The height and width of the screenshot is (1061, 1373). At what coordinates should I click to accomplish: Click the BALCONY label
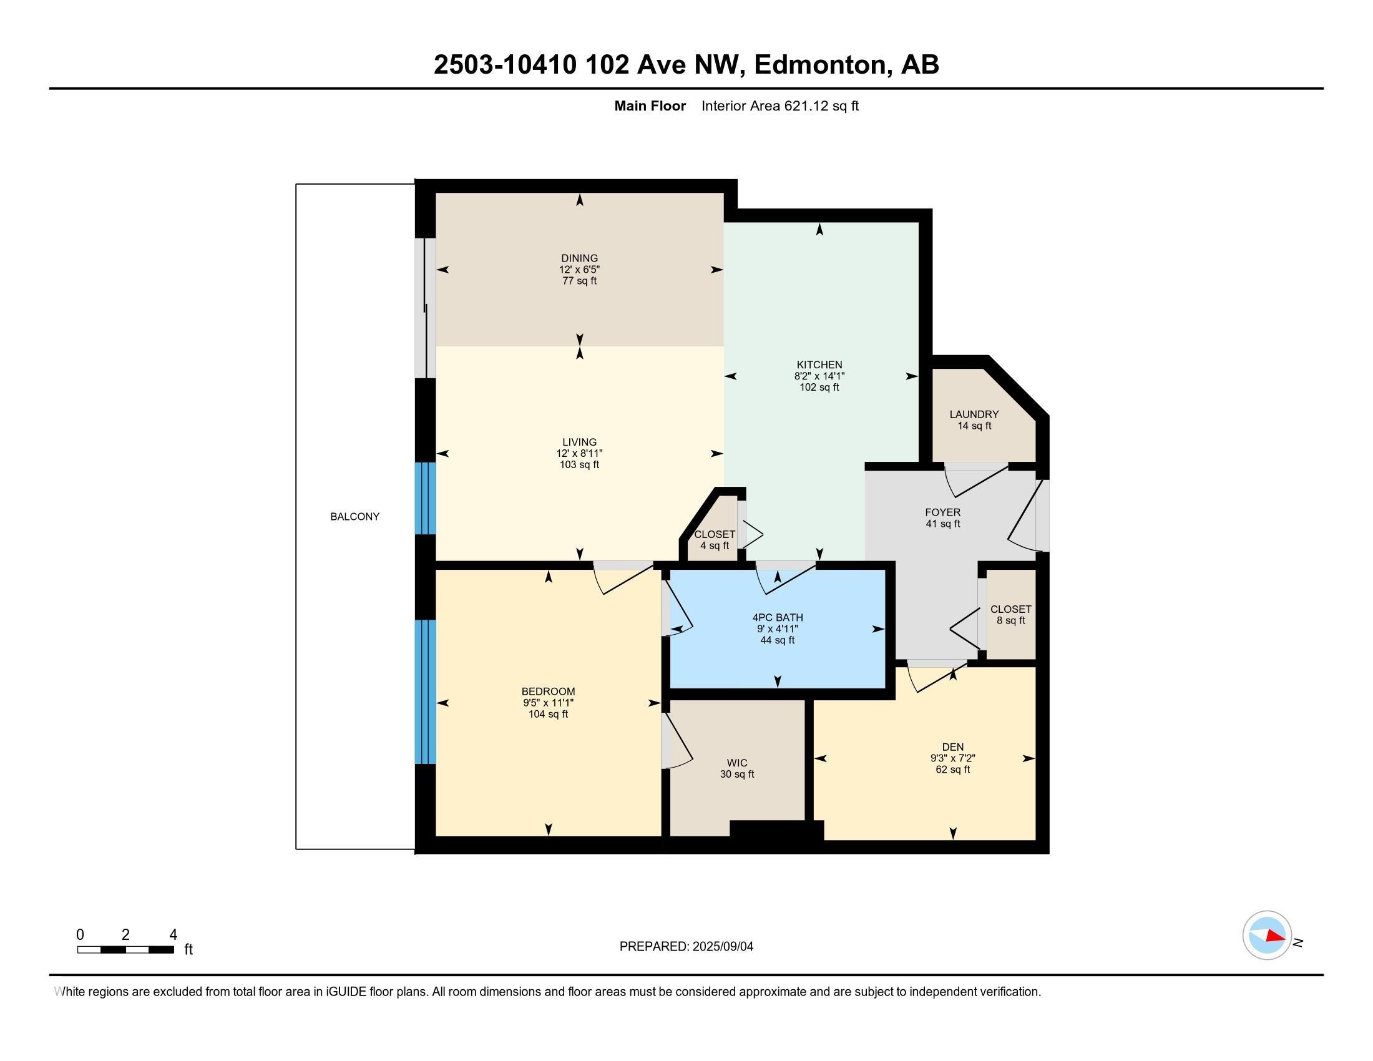pyautogui.click(x=354, y=517)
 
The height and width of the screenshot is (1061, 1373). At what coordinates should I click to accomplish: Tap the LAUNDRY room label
pyautogui.click(x=974, y=414)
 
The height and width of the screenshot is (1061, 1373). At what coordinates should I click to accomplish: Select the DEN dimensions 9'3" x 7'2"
pyautogui.click(x=952, y=758)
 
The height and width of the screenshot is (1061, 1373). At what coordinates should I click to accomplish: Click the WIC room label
pyautogui.click(x=737, y=763)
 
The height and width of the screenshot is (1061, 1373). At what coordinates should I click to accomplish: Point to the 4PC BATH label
pyautogui.click(x=777, y=617)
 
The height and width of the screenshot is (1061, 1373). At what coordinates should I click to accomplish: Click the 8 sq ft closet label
pyautogui.click(x=1010, y=620)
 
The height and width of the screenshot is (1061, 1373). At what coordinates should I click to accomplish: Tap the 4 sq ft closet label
pyautogui.click(x=714, y=545)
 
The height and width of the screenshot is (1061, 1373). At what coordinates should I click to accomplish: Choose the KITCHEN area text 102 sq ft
pyautogui.click(x=819, y=387)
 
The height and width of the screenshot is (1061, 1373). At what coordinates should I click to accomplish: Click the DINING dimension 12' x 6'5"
pyautogui.click(x=579, y=270)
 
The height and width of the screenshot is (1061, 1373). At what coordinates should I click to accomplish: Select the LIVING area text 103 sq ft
pyautogui.click(x=579, y=464)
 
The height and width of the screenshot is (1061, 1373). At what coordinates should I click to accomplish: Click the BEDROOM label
pyautogui.click(x=548, y=692)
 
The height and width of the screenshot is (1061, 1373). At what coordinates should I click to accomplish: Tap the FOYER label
pyautogui.click(x=942, y=512)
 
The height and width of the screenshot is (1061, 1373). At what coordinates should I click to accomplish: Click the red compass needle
pyautogui.click(x=1276, y=936)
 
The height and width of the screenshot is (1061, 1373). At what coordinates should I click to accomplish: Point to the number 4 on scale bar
pyautogui.click(x=173, y=934)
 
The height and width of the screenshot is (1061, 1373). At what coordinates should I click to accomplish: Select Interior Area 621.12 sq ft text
pyautogui.click(x=779, y=106)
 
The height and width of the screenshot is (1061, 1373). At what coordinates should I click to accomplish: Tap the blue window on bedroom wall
pyautogui.click(x=425, y=692)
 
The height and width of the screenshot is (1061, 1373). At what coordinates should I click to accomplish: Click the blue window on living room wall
pyautogui.click(x=425, y=499)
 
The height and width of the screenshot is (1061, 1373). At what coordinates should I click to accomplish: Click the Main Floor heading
pyautogui.click(x=650, y=106)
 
